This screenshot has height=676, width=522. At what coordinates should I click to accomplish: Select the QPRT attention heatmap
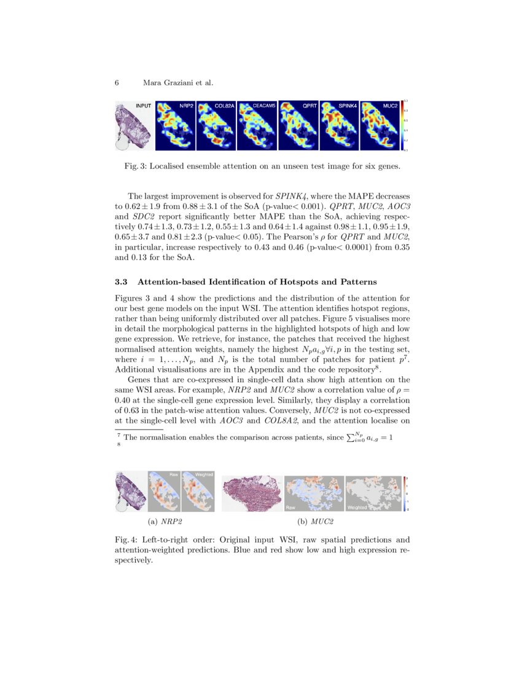tap(298, 125)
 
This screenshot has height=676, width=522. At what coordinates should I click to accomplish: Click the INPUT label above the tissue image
tap(143, 106)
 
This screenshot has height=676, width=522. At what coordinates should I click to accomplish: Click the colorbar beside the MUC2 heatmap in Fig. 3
tap(403, 125)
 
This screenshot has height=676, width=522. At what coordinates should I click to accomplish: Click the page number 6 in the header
tap(117, 82)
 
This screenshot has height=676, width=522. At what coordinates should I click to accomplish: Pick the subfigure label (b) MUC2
tap(315, 522)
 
